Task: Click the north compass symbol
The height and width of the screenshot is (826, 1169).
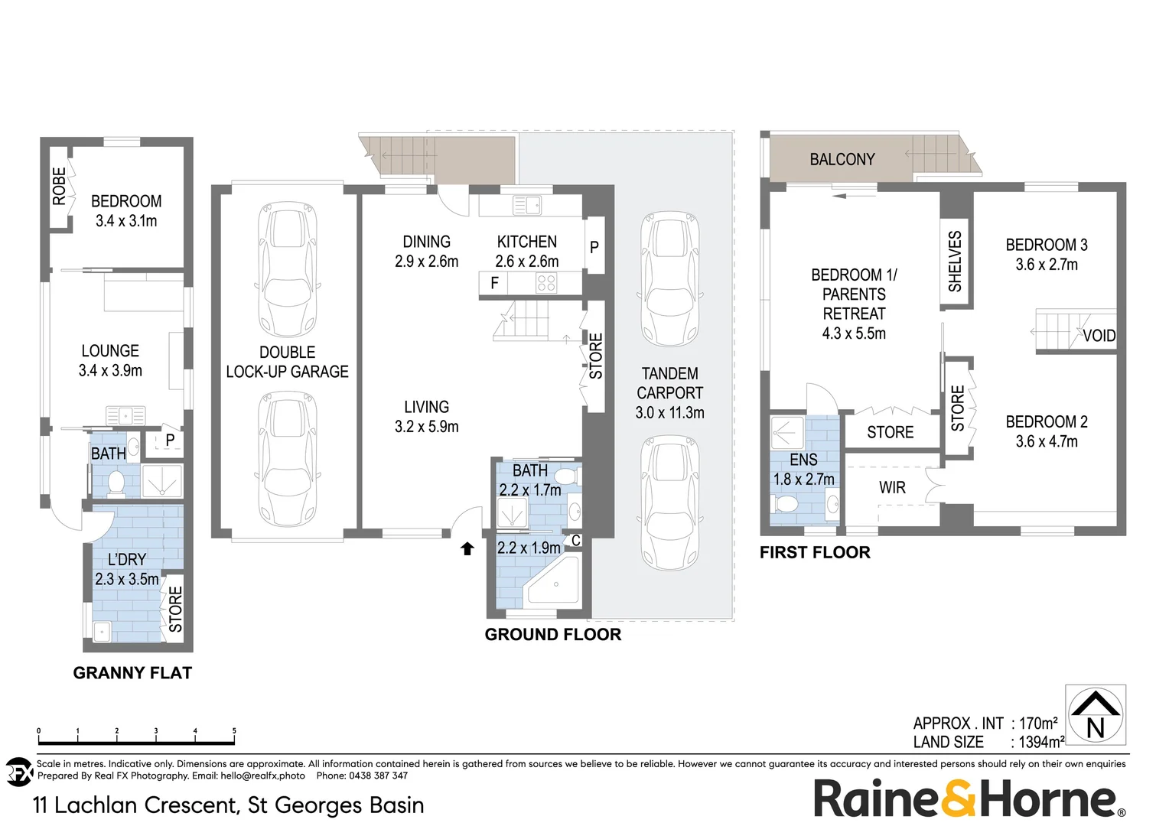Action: pos(1095,715)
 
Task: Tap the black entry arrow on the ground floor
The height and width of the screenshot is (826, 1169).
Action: pos(467,548)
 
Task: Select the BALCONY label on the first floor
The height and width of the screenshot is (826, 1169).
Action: pos(842,159)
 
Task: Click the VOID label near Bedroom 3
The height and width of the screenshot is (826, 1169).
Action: pos(1099,336)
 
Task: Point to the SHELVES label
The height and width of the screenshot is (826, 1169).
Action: pos(955,262)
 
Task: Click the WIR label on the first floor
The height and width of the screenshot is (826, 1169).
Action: pos(892,488)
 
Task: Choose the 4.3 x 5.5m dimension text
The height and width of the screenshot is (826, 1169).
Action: pos(854,333)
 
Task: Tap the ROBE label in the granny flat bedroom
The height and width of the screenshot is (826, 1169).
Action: pos(59,187)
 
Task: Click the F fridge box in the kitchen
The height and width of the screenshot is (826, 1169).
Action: pos(494,283)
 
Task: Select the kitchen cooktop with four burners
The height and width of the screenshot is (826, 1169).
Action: pos(546,284)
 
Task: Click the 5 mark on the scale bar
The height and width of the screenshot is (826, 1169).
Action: pos(234,731)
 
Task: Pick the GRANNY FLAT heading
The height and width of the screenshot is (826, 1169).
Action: pos(132,673)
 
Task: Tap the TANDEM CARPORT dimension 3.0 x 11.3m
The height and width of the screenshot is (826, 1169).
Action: pos(669,413)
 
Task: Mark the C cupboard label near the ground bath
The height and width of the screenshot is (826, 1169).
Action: pos(575,541)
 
